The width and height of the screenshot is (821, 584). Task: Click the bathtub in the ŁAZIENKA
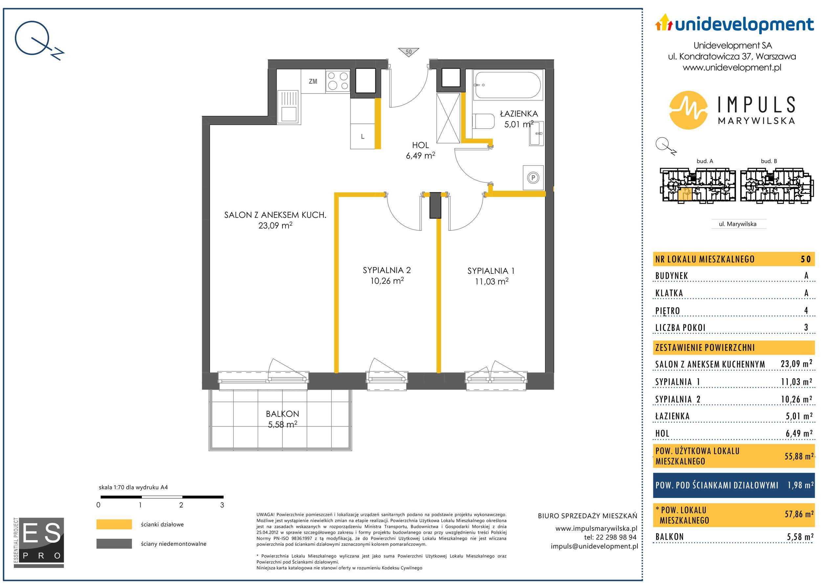point(509,85)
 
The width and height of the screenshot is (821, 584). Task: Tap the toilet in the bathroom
point(483,121)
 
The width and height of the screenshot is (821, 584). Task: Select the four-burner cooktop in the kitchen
point(338,81)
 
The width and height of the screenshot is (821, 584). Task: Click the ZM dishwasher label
point(313,81)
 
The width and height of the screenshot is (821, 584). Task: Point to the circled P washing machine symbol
point(533,177)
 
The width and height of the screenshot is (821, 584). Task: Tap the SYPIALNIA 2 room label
point(387,270)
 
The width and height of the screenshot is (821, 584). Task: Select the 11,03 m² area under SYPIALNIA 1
point(491,282)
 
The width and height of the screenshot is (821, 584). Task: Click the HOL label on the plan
point(420,145)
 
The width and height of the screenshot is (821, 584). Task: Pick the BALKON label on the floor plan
point(282,414)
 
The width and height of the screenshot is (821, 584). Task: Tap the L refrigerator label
point(363,137)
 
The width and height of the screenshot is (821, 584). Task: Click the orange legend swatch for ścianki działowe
point(114,524)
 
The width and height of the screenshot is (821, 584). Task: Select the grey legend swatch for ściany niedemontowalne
point(114,543)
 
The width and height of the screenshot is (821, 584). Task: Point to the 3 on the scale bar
point(222,505)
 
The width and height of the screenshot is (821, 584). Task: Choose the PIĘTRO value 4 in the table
point(806,310)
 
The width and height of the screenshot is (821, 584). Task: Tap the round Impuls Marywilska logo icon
point(688,110)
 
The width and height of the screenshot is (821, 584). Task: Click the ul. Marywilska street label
point(738,224)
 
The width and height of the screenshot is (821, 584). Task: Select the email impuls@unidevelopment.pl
point(594,546)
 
